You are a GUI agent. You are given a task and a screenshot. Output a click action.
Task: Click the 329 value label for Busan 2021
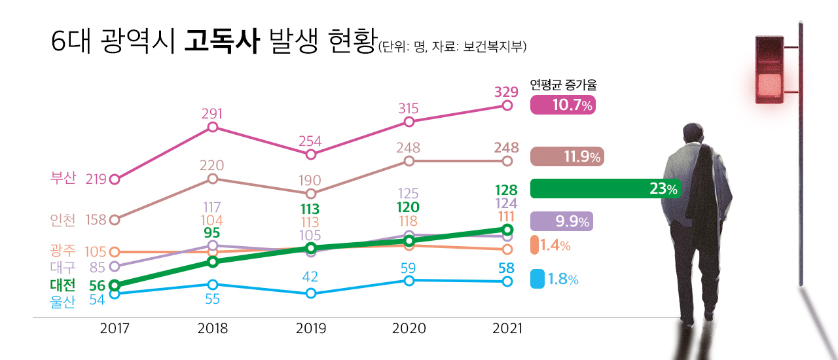pyautogui.click(x=506, y=91)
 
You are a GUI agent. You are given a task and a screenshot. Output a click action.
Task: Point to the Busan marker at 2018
pyautogui.click(x=212, y=127)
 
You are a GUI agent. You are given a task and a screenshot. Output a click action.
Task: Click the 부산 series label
pyautogui.click(x=64, y=178)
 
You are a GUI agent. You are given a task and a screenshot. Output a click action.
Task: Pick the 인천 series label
pyautogui.click(x=63, y=219)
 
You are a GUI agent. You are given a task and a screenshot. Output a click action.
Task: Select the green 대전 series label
pyautogui.click(x=63, y=285)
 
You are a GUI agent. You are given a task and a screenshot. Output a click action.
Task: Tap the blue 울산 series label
pyautogui.click(x=63, y=302)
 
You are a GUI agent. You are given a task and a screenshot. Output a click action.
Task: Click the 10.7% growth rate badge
pyautogui.click(x=562, y=105)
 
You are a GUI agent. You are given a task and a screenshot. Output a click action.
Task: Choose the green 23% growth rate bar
pyautogui.click(x=605, y=189)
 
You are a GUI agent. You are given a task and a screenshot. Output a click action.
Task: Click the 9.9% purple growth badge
pyautogui.click(x=562, y=221)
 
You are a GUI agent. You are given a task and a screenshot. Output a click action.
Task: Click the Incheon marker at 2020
pyautogui.click(x=409, y=160)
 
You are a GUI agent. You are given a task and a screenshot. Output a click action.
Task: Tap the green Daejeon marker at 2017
pyautogui.click(x=115, y=285)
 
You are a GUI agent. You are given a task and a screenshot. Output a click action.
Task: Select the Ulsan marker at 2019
pyautogui.click(x=311, y=293)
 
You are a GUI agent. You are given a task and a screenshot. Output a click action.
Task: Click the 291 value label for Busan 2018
pyautogui.click(x=212, y=113)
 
